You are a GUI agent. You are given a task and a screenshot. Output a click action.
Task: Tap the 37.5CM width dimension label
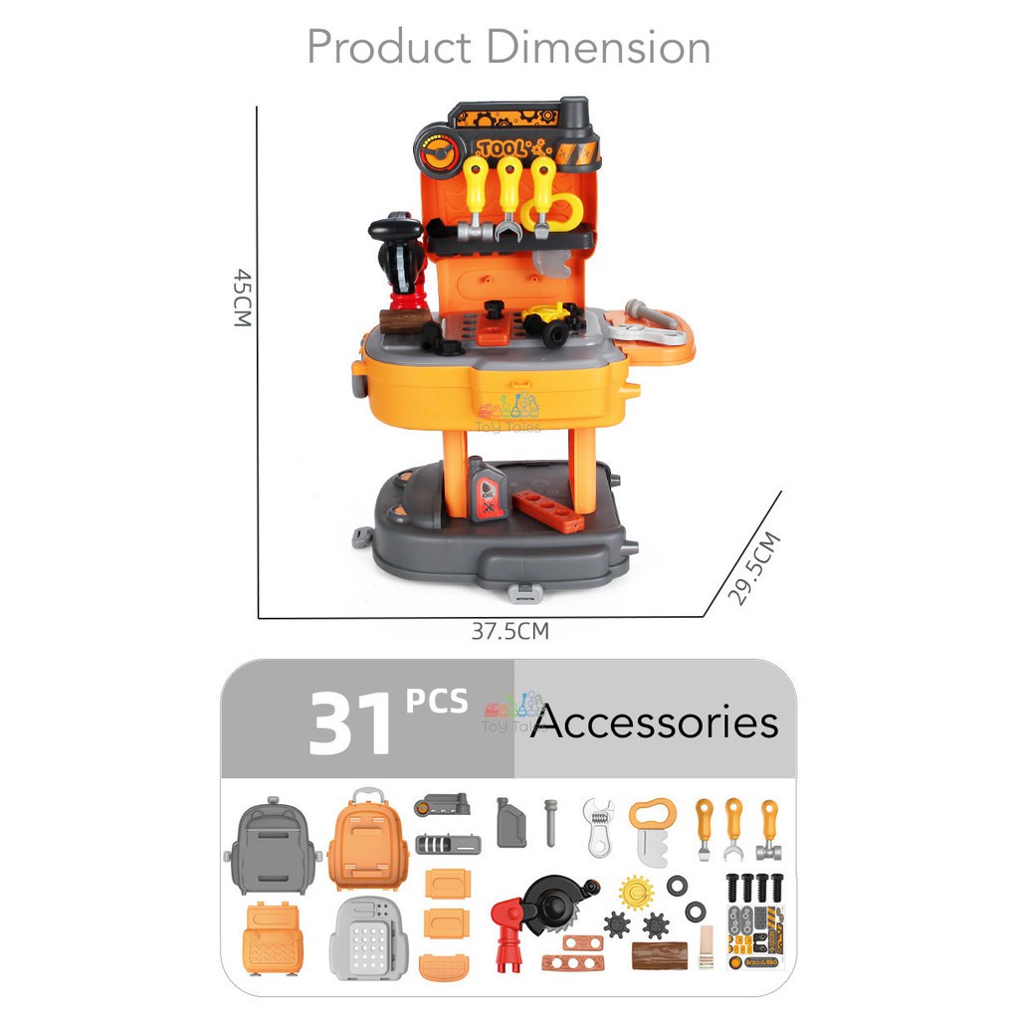(x=509, y=631)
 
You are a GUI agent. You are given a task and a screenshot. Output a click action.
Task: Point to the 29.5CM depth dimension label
(x=753, y=569)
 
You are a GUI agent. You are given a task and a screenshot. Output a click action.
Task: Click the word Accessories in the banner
(x=654, y=722)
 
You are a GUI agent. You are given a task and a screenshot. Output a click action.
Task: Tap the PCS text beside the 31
(x=436, y=702)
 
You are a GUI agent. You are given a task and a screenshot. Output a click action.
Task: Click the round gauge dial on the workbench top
(x=435, y=155)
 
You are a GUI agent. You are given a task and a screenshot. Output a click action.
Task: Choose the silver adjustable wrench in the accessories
(x=600, y=827)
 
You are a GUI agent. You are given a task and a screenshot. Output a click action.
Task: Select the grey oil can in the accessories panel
(x=510, y=823)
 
